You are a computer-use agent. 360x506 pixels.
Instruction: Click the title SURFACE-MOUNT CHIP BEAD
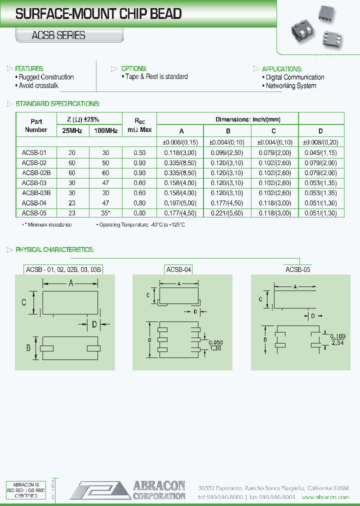(98, 14)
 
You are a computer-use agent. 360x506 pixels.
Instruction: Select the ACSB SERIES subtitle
(51, 35)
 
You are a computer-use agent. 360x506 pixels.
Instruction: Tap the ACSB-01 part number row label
(35, 152)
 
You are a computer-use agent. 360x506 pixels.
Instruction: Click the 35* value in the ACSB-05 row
(105, 213)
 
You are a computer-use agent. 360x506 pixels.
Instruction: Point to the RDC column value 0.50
(139, 152)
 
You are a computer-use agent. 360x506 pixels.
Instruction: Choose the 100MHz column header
(105, 131)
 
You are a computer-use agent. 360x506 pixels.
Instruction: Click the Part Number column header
(36, 125)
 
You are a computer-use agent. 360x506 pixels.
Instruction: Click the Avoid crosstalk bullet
(38, 85)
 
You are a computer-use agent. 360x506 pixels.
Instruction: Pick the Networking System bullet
(290, 85)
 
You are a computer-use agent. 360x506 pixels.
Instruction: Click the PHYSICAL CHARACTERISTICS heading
(54, 249)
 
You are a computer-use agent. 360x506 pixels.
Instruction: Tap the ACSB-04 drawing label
(178, 269)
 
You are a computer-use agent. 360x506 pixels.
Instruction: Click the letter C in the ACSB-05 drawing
(260, 299)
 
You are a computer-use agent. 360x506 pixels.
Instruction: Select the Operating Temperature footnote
(140, 225)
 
